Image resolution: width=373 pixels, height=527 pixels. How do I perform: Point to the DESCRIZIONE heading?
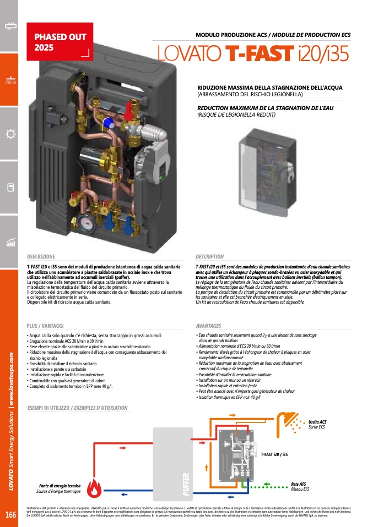pos(41,257)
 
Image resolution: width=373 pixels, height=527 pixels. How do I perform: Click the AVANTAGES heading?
pos(208,326)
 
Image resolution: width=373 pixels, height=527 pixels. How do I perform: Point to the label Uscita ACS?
pos(317,421)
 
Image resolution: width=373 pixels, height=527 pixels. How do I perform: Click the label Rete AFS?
pos(299,484)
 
